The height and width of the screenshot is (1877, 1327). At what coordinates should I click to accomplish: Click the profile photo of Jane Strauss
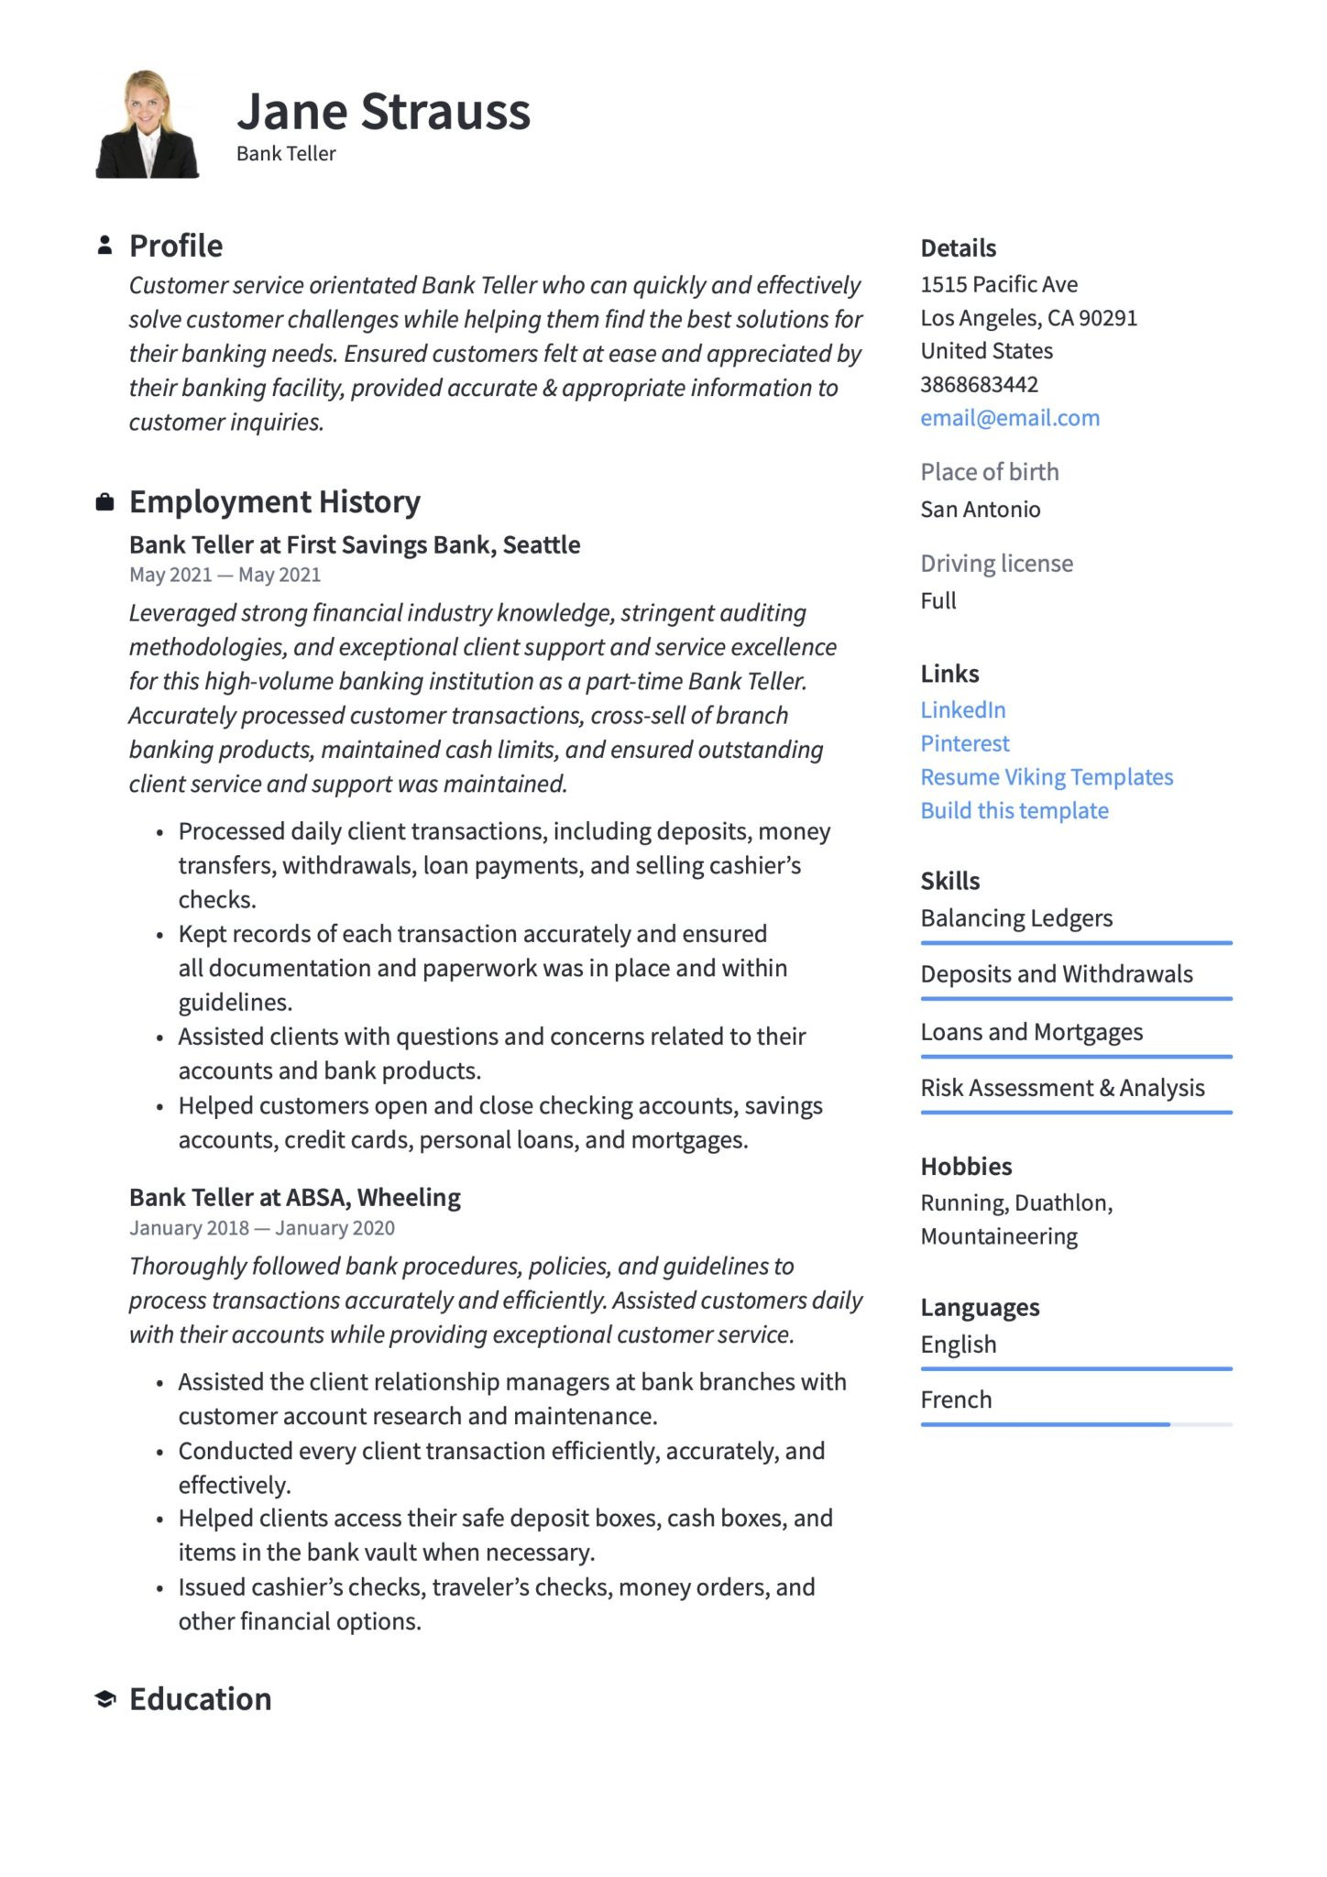point(147,124)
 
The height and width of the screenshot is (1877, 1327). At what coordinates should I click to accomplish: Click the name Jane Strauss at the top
point(383,112)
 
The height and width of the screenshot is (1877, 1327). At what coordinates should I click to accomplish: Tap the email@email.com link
point(1009,418)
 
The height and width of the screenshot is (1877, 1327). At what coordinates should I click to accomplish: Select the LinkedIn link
point(962,709)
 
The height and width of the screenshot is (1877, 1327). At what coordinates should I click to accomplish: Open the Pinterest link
point(964,743)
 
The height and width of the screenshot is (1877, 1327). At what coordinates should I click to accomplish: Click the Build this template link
point(1014,810)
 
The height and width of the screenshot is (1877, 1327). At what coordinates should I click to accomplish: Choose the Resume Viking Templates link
point(1046,777)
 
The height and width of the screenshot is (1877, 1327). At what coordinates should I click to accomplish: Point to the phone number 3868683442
point(979,384)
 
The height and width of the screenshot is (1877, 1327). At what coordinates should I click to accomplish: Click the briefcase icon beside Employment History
point(105,502)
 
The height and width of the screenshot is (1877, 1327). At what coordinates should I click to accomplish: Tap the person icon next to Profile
point(105,246)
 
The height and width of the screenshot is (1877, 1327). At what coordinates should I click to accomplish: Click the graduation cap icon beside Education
point(105,1699)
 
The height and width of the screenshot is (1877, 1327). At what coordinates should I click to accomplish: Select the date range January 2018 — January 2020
point(261,1228)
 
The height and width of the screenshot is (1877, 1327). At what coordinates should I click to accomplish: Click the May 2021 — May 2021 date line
point(225,575)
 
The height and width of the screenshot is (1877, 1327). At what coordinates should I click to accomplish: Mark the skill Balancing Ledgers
point(1015,918)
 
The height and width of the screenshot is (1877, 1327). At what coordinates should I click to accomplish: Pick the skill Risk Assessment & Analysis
point(1061,1088)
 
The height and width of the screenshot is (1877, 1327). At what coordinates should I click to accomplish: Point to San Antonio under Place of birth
point(980,510)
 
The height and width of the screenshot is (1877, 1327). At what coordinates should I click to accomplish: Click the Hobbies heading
point(966,1167)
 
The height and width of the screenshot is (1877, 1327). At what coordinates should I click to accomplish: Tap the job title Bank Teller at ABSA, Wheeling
point(294,1197)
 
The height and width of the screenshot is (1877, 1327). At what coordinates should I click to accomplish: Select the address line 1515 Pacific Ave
point(998,284)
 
